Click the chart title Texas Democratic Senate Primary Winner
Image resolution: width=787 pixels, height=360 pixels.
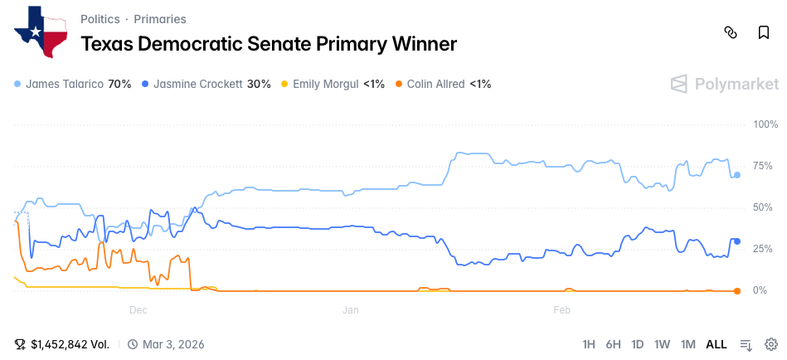268,44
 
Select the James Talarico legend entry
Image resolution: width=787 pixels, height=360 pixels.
73,84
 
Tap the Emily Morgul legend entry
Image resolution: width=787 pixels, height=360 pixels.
333,84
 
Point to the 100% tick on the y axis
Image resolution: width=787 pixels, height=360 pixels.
765,124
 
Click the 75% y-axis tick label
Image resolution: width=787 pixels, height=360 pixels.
765,166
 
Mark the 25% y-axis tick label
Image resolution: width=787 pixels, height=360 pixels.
765,249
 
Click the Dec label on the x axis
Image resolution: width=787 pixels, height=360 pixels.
138,309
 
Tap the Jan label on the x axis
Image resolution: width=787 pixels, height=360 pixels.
350,309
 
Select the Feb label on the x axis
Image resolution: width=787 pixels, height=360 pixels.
561,309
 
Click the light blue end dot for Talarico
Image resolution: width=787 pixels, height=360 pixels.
737,175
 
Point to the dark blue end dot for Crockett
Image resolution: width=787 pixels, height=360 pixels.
737,241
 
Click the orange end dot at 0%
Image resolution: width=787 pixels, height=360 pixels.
737,290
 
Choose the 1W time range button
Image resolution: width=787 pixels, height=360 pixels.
662,344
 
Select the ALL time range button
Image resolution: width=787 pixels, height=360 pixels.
716,344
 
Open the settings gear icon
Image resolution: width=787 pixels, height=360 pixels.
770,344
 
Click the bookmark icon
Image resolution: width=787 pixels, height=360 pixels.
764,32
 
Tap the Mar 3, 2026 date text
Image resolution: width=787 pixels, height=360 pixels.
172,344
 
